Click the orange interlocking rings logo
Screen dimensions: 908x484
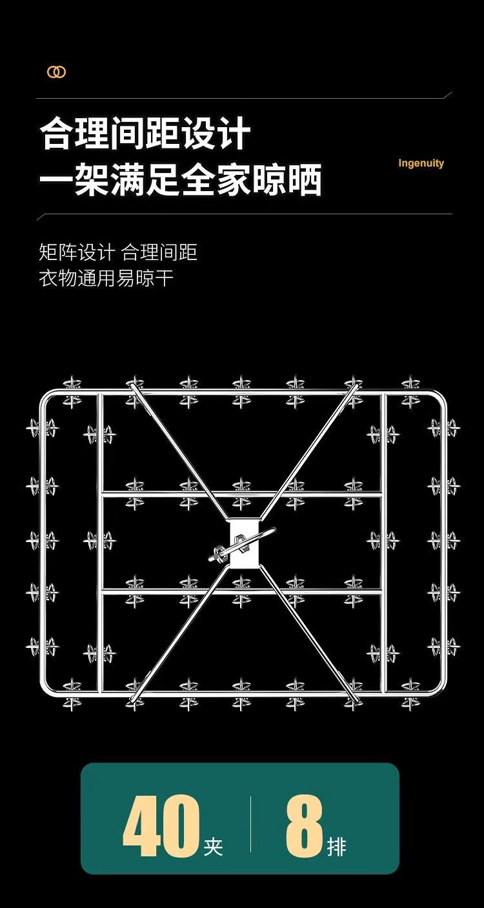click(56, 72)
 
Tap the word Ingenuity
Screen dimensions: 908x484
click(421, 163)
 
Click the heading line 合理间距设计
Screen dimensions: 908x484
click(145, 135)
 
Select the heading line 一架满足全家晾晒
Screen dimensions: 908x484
click(181, 180)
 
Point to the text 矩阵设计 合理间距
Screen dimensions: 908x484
click(118, 252)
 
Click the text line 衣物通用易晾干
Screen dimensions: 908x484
click(106, 279)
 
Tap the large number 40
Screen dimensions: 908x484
click(161, 827)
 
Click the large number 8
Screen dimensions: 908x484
click(304, 827)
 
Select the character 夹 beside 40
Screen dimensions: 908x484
click(213, 846)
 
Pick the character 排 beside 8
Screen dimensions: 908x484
click(336, 846)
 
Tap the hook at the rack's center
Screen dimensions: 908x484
click(242, 546)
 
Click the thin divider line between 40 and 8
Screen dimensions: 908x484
click(251, 824)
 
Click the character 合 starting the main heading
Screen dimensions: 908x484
click(56, 135)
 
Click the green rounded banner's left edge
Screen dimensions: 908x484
click(82, 818)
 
